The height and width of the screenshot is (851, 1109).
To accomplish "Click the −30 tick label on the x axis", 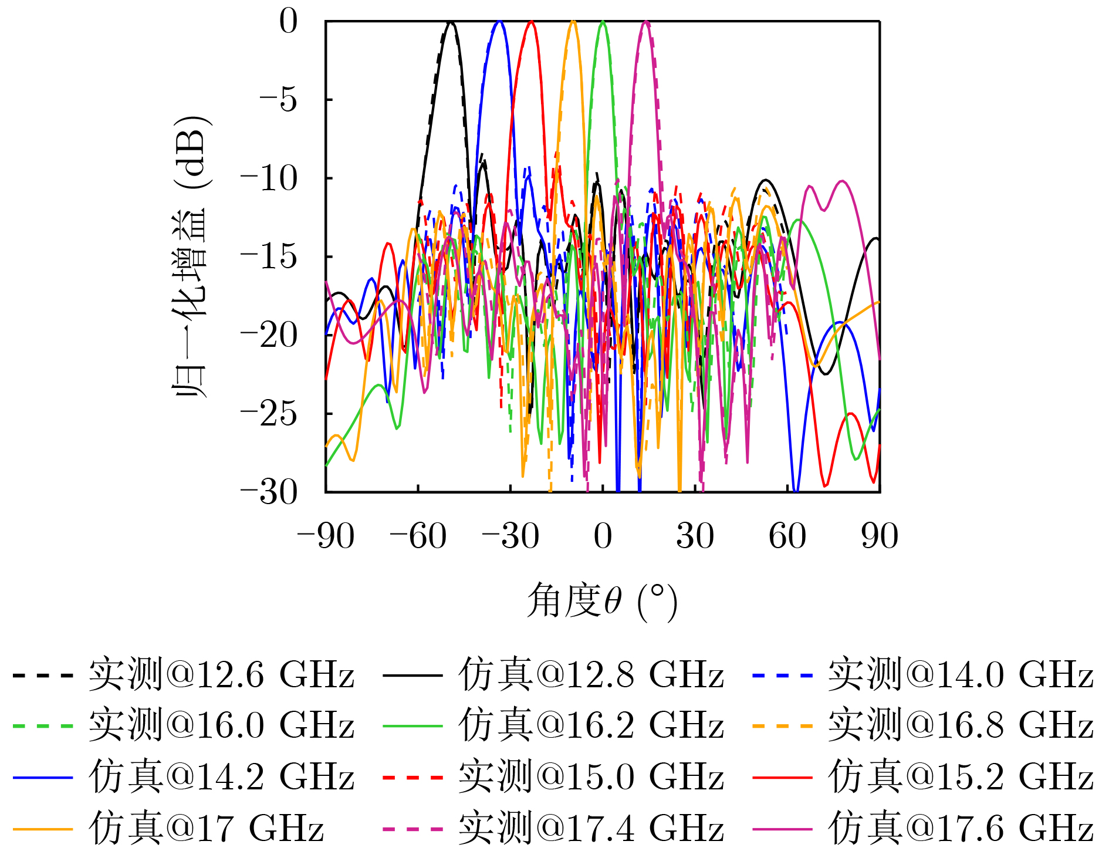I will (510, 536).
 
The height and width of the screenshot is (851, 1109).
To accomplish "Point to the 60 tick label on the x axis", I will (787, 536).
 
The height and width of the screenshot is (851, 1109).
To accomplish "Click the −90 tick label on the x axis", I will (326, 536).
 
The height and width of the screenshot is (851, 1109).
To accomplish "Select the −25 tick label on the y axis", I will (269, 414).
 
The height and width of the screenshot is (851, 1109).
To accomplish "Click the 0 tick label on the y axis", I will (289, 22).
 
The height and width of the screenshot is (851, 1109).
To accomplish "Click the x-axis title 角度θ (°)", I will (603, 601).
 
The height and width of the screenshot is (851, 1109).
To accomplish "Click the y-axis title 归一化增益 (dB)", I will (190, 256).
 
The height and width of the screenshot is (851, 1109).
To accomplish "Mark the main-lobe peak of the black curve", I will (451, 22).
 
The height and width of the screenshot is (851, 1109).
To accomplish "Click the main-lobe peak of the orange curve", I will (573, 22).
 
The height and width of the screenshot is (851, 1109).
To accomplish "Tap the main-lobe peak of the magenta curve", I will (646, 22).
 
